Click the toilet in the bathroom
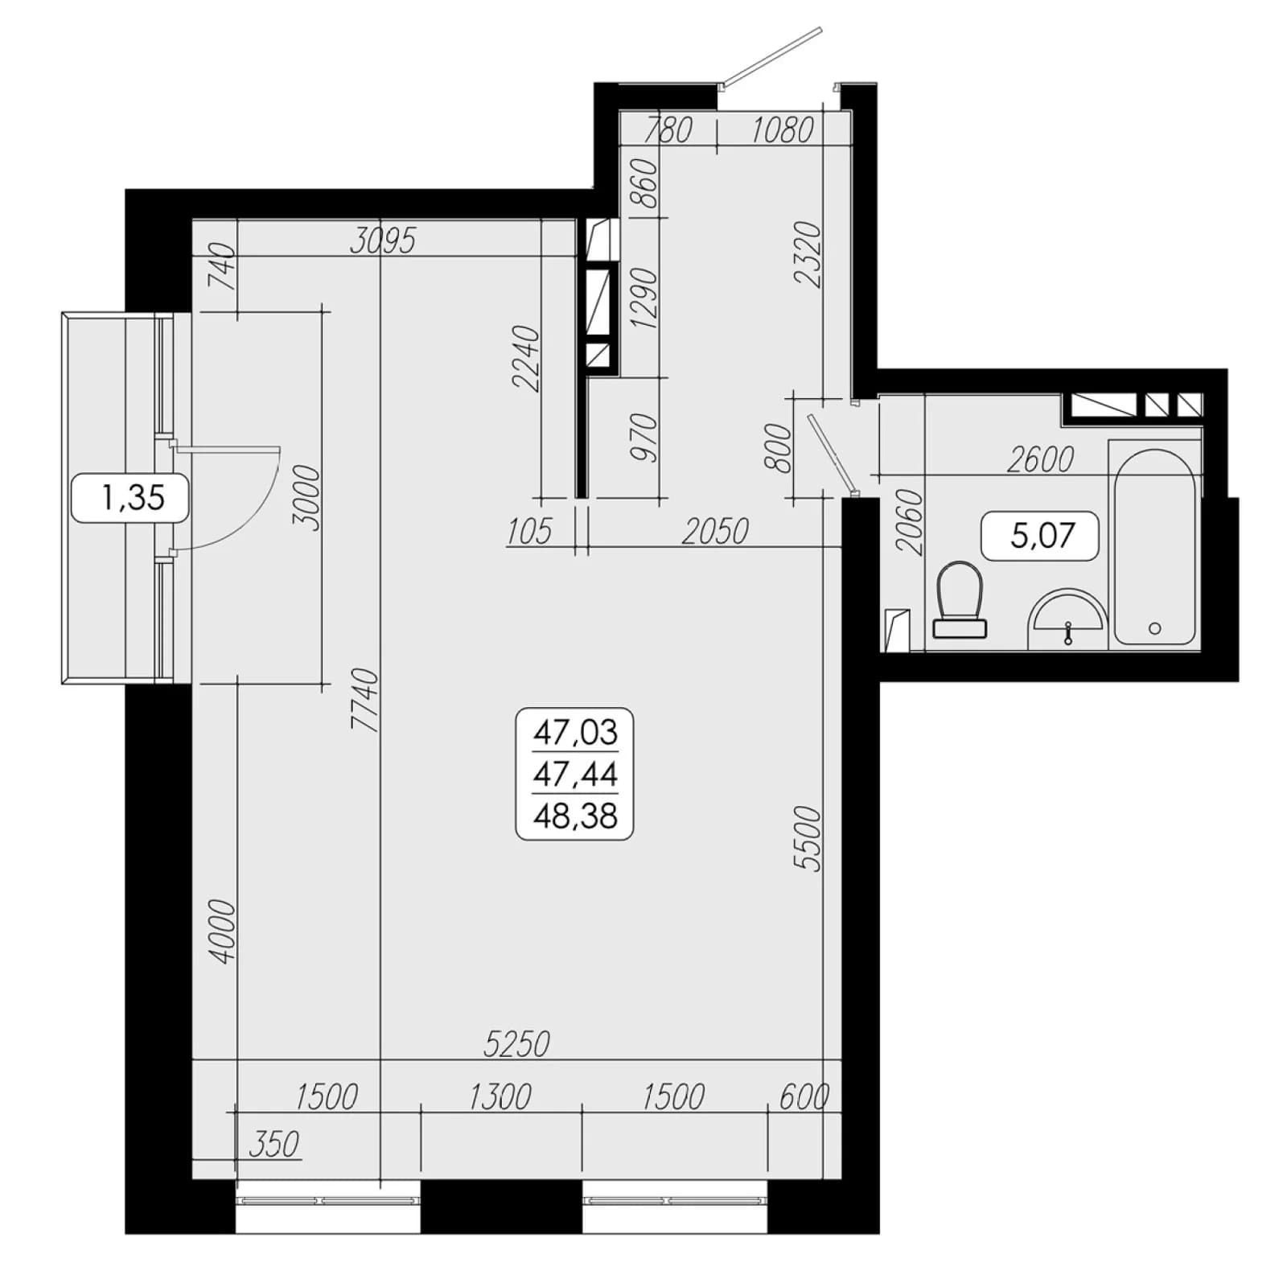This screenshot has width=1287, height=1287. point(960,599)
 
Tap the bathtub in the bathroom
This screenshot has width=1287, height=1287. point(1154,546)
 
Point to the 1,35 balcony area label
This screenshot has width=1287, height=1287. point(133,497)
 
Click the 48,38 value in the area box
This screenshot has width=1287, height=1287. point(575,816)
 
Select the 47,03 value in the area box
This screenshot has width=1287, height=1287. point(575,732)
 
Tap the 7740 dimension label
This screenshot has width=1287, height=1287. point(365,699)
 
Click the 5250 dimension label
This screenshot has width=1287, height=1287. point(516,1043)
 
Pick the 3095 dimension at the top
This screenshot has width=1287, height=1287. point(383,240)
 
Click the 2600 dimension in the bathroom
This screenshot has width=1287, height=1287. point(1040,459)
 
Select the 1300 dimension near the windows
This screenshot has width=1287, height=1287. point(500,1096)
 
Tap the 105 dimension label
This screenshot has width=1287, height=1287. point(529,531)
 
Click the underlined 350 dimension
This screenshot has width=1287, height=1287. point(273,1144)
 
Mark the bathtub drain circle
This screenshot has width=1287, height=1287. point(1154,628)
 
